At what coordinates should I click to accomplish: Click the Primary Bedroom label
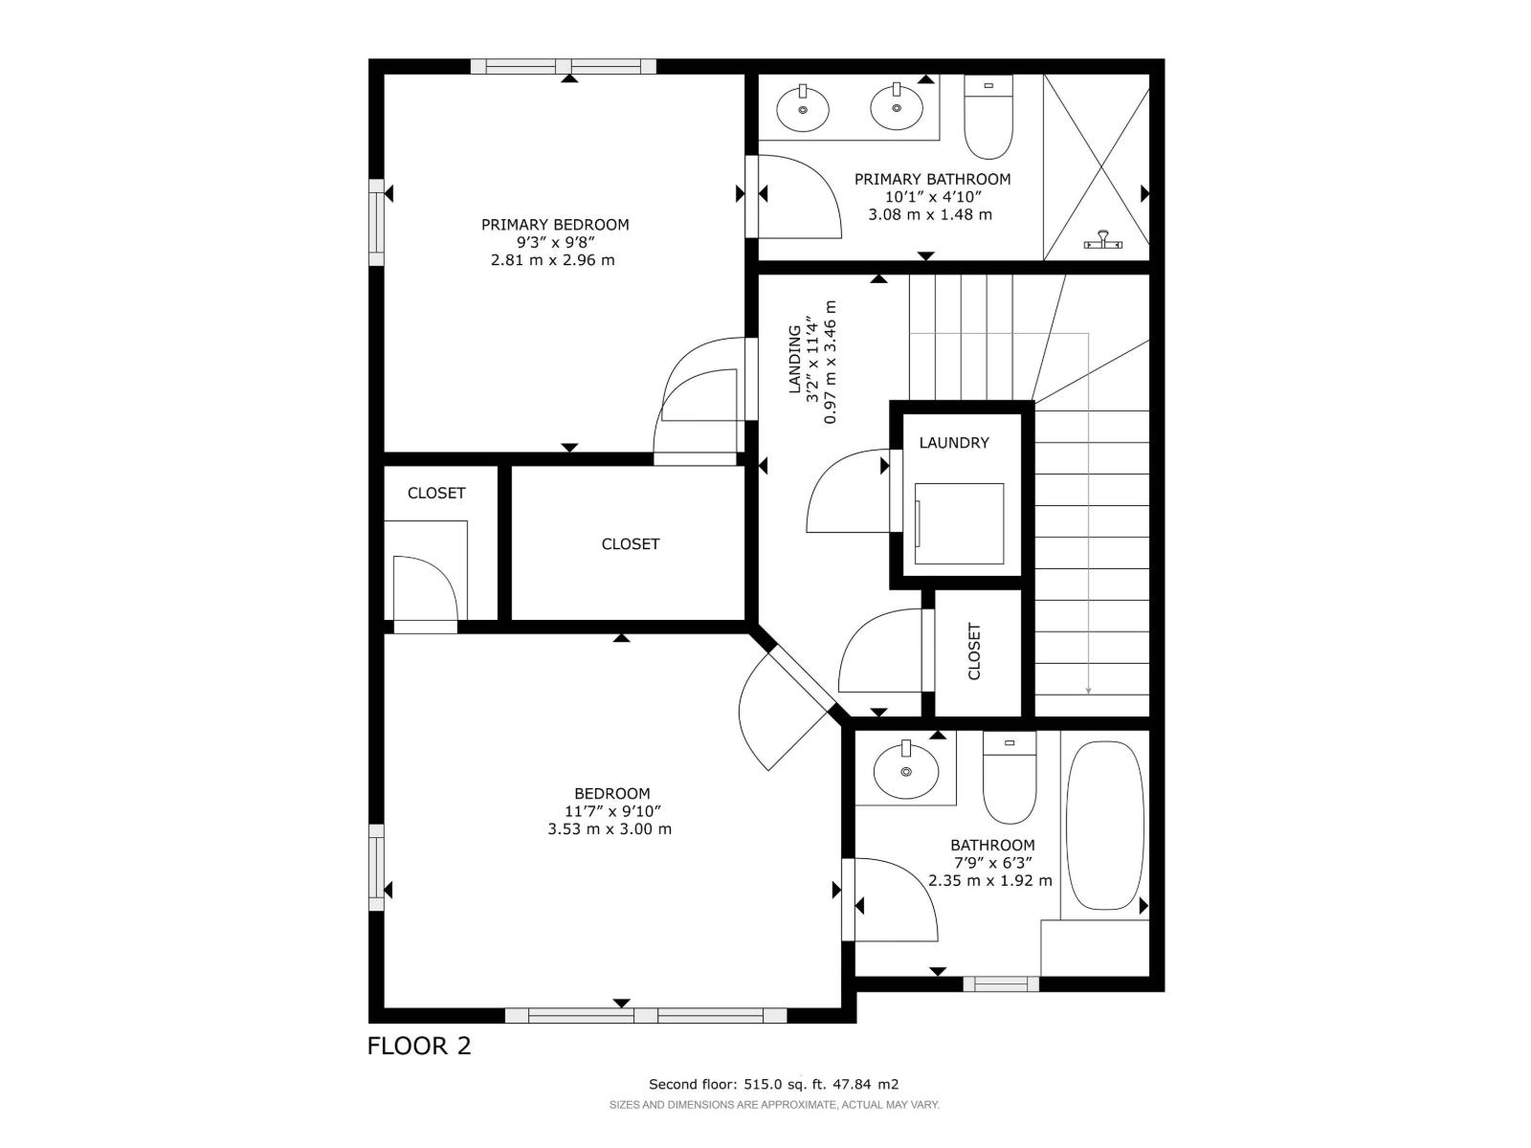[x=555, y=225]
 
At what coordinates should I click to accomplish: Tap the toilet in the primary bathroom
[x=988, y=120]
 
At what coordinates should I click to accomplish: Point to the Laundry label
[x=954, y=443]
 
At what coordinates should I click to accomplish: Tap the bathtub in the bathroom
[x=1103, y=825]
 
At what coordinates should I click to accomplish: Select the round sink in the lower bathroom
[x=905, y=769]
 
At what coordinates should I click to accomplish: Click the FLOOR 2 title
[x=419, y=1046]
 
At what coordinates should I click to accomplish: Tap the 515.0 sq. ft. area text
[x=774, y=1084]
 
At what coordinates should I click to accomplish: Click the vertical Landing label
[x=794, y=360]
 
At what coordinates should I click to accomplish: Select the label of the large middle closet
[x=630, y=544]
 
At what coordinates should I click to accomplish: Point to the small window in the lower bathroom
[x=1001, y=983]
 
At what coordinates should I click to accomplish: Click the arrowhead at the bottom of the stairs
[x=1089, y=690]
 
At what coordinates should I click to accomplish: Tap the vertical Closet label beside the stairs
[x=975, y=651]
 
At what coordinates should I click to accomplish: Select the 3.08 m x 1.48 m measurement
[x=929, y=215]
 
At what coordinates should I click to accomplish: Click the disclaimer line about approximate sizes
[x=774, y=1105]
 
